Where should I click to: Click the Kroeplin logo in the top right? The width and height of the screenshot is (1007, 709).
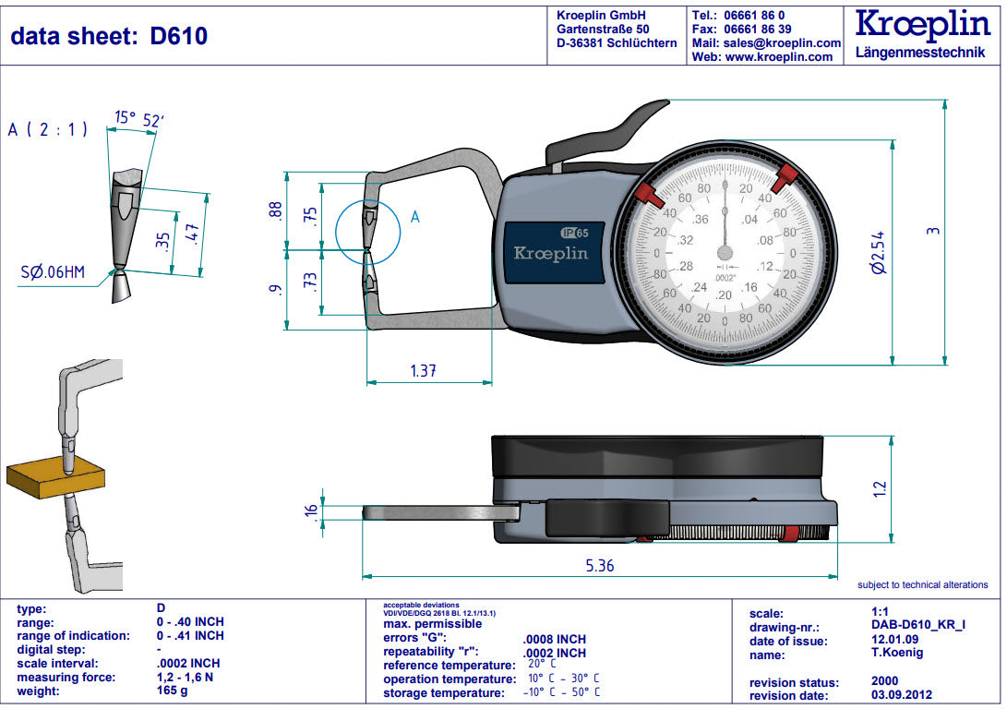pyautogui.click(x=923, y=26)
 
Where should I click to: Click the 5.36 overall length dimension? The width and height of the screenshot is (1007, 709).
pyautogui.click(x=600, y=565)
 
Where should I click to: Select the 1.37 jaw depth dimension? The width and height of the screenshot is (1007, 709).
pyautogui.click(x=423, y=371)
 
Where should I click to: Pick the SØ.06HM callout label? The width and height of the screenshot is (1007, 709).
pyautogui.click(x=54, y=273)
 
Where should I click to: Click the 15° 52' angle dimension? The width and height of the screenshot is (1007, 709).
pyautogui.click(x=138, y=118)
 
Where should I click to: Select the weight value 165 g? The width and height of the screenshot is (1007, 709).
pyautogui.click(x=173, y=691)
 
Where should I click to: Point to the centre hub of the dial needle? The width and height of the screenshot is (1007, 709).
pyautogui.click(x=725, y=252)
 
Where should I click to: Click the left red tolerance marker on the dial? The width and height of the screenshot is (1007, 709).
pyautogui.click(x=648, y=194)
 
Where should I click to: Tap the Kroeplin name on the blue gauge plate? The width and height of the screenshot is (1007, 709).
pyautogui.click(x=550, y=253)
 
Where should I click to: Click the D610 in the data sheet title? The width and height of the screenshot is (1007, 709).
pyautogui.click(x=179, y=36)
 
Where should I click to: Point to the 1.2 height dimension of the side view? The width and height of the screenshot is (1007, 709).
pyautogui.click(x=879, y=487)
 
